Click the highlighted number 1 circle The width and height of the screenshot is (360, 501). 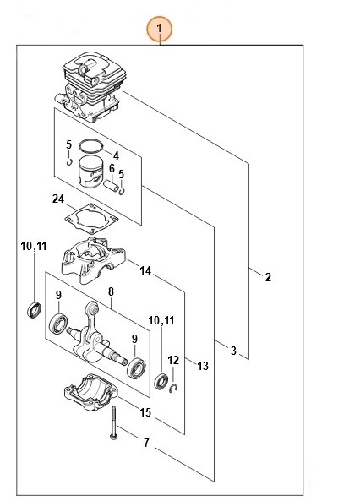[x=159, y=30]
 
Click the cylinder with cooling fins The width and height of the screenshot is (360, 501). [x=91, y=86]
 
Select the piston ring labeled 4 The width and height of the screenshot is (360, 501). [x=91, y=145]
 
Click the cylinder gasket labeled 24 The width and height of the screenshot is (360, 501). [x=91, y=218]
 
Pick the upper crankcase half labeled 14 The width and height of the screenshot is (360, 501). [x=92, y=259]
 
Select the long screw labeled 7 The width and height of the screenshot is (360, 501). [x=113, y=422]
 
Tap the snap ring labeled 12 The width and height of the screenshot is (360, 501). [x=173, y=388]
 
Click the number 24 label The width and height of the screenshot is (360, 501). [x=58, y=199]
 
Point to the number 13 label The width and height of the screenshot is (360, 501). [x=203, y=366]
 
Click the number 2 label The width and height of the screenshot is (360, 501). [x=268, y=277]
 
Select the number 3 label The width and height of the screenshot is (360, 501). [x=233, y=350]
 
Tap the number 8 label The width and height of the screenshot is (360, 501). [x=111, y=291]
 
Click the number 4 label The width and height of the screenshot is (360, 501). [x=116, y=155]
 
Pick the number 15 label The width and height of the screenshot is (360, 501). [x=145, y=412]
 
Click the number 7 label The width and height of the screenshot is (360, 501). [x=146, y=443]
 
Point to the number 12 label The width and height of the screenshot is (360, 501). [x=173, y=361]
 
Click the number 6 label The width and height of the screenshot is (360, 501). [x=112, y=168]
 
